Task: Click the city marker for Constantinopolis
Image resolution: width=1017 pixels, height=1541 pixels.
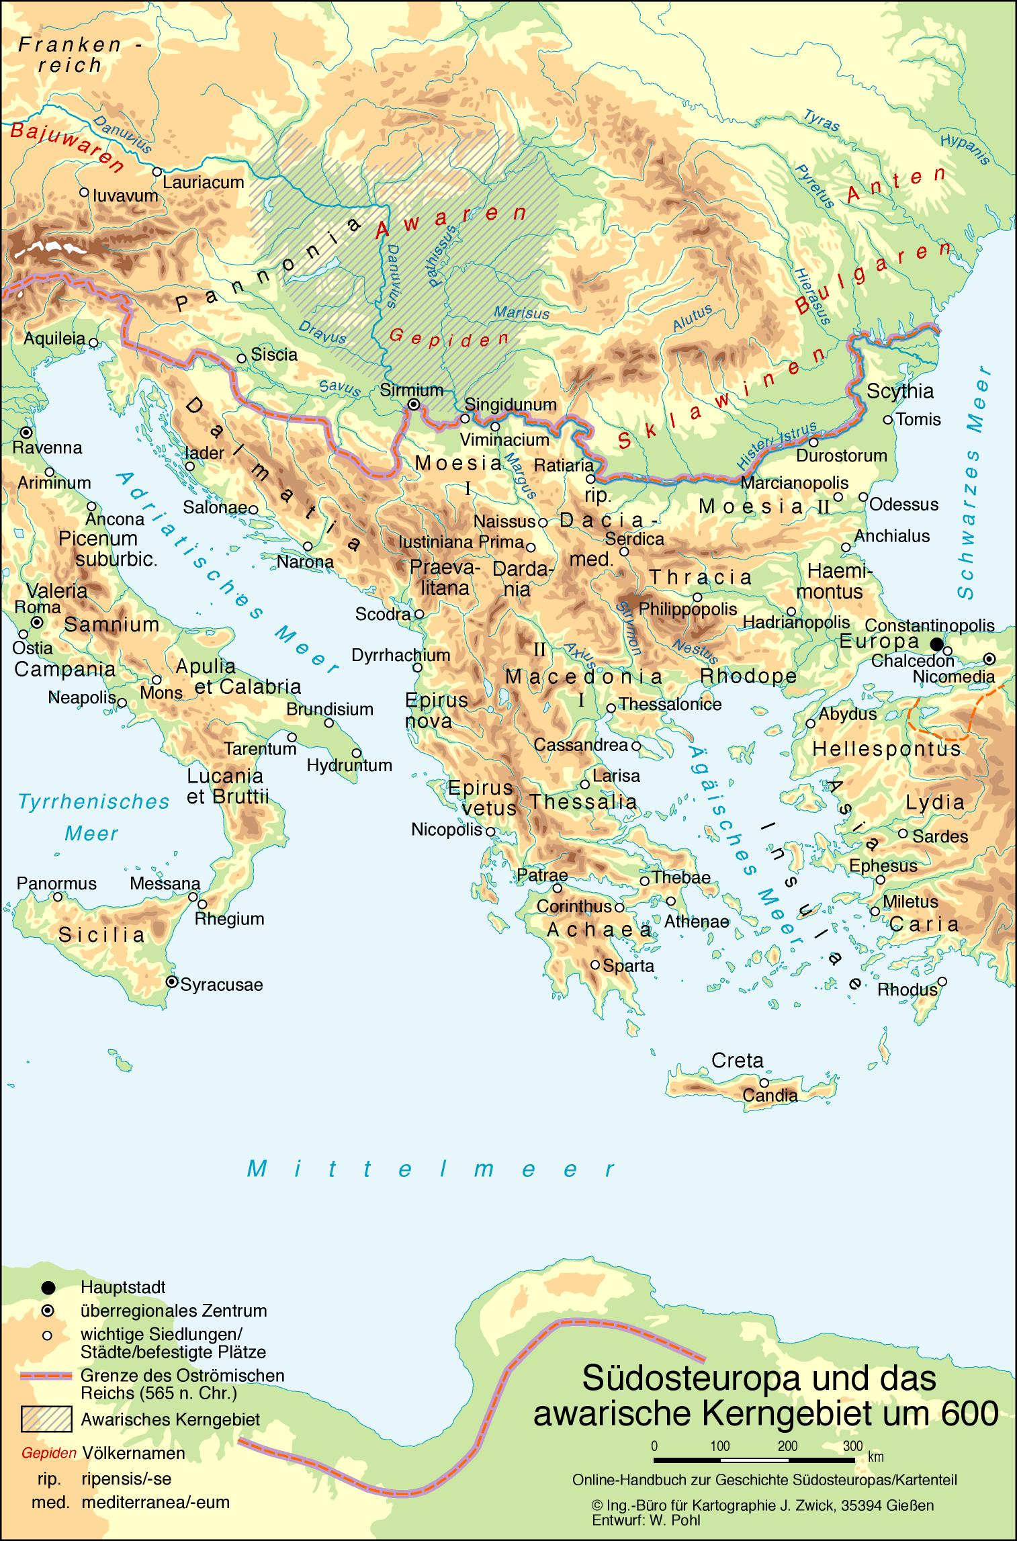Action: tap(936, 644)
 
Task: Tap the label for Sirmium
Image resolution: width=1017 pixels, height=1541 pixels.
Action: tap(411, 390)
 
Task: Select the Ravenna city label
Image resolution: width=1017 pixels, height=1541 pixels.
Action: tap(47, 447)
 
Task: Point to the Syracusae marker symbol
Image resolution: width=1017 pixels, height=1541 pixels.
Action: tap(172, 982)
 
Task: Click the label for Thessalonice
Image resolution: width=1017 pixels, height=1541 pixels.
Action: tap(670, 704)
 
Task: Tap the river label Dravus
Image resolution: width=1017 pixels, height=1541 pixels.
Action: tap(322, 331)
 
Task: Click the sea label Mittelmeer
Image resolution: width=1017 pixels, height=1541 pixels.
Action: tap(430, 1170)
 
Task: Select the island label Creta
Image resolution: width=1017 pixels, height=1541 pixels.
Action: tap(737, 1061)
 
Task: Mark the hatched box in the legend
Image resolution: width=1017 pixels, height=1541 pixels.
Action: tap(46, 1419)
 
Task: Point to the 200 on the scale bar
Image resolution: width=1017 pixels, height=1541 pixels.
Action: tap(787, 1446)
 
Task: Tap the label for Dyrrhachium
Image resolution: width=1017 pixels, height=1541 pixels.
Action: tap(400, 655)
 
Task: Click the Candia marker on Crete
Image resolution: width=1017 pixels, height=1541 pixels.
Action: tap(764, 1083)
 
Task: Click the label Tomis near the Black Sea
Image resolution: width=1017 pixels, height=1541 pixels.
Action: tap(918, 419)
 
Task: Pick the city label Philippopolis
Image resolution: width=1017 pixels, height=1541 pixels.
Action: tap(688, 609)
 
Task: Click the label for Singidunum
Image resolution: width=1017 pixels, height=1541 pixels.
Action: tap(511, 404)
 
